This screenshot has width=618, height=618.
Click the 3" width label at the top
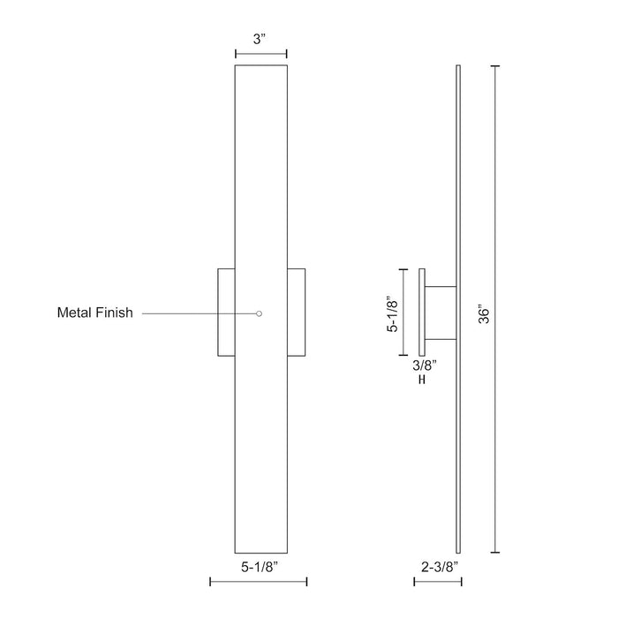260,39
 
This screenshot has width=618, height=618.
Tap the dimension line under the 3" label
260,55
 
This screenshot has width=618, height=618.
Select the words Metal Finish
94,313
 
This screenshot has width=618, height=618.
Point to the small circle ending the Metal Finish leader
259,313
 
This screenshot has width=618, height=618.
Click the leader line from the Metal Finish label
199,313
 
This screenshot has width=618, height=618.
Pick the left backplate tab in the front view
226,313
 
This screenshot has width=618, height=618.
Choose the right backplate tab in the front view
297,313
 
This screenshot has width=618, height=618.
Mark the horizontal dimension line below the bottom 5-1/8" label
258,581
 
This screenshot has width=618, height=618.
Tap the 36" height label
483,314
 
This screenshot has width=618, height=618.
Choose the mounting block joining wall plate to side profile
441,313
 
